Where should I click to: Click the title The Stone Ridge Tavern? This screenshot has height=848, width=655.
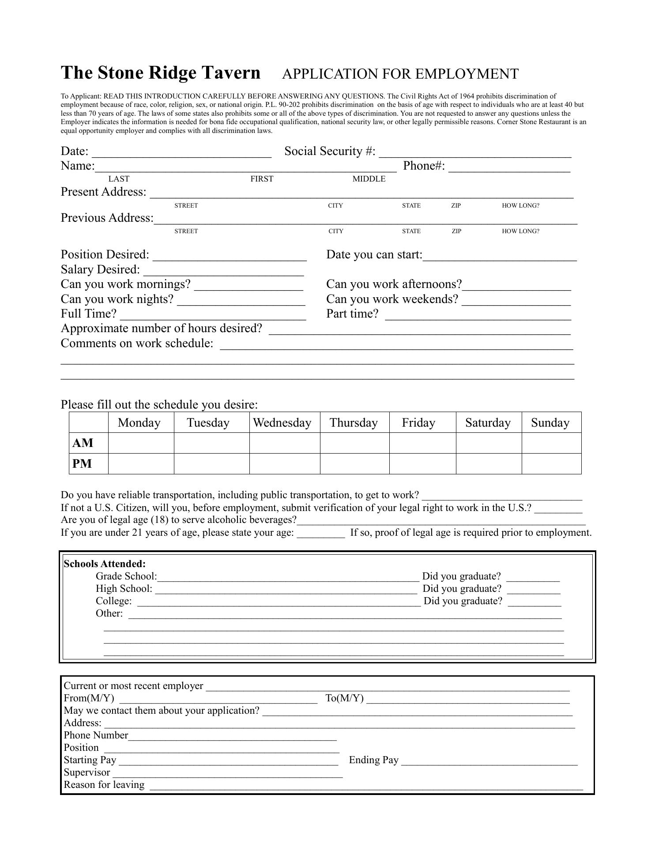161,73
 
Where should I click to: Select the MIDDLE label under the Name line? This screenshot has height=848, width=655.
369,179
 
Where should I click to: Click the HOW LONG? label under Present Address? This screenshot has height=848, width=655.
520,205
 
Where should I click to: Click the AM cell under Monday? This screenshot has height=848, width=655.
141,443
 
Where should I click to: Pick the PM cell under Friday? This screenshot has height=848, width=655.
422,464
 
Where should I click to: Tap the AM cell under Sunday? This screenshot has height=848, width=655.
551,443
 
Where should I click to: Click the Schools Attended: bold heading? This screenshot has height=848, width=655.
105,564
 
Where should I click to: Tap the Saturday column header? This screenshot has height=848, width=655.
488,423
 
